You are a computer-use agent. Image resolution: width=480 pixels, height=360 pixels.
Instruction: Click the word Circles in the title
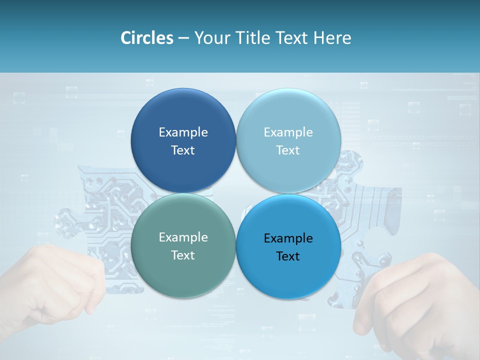coord(146,38)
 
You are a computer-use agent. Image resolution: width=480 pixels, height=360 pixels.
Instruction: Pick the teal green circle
coord(183,270)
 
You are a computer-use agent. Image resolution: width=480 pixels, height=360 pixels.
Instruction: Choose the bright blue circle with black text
coord(288,272)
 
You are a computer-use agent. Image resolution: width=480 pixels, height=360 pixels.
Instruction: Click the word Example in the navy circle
coord(183,132)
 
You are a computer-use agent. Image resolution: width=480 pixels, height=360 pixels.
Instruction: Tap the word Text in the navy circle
coord(183,150)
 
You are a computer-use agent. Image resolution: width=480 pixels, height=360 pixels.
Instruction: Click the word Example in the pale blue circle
coord(288,132)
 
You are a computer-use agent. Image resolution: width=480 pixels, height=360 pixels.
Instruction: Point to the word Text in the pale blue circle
coord(288,150)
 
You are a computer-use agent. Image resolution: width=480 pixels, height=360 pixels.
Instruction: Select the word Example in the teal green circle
coord(183,237)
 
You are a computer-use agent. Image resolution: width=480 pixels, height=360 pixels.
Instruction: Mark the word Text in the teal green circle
coord(183,255)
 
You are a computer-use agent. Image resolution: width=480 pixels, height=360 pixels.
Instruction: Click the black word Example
coord(288,238)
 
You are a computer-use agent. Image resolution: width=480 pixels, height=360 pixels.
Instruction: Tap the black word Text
coord(288,256)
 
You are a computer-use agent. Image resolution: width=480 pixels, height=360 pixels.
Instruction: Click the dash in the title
coord(183,38)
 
